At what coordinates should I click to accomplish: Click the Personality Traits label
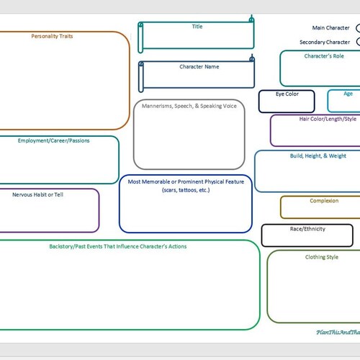pyautogui.click(x=52, y=35)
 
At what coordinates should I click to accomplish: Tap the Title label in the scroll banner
pyautogui.click(x=197, y=27)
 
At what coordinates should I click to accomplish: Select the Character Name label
pyautogui.click(x=199, y=66)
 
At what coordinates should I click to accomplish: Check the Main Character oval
pyautogui.click(x=358, y=29)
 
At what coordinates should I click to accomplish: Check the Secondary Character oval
pyautogui.click(x=358, y=42)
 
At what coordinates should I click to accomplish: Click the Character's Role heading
pyautogui.click(x=323, y=55)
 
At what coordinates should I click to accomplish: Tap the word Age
pyautogui.click(x=348, y=94)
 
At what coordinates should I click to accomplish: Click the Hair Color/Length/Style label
pyautogui.click(x=328, y=119)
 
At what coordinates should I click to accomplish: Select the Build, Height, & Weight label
pyautogui.click(x=318, y=156)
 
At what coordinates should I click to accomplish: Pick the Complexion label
pyautogui.click(x=324, y=201)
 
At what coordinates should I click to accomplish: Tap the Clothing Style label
pyautogui.click(x=321, y=256)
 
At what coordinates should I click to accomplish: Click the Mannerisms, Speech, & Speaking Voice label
pyautogui.click(x=189, y=106)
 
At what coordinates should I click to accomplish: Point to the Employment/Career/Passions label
pyautogui.click(x=54, y=140)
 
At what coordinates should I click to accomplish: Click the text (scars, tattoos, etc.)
pyautogui.click(x=186, y=190)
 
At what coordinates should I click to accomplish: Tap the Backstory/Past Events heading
pyautogui.click(x=117, y=246)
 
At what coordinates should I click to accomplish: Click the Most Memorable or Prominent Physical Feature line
pyautogui.click(x=186, y=181)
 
